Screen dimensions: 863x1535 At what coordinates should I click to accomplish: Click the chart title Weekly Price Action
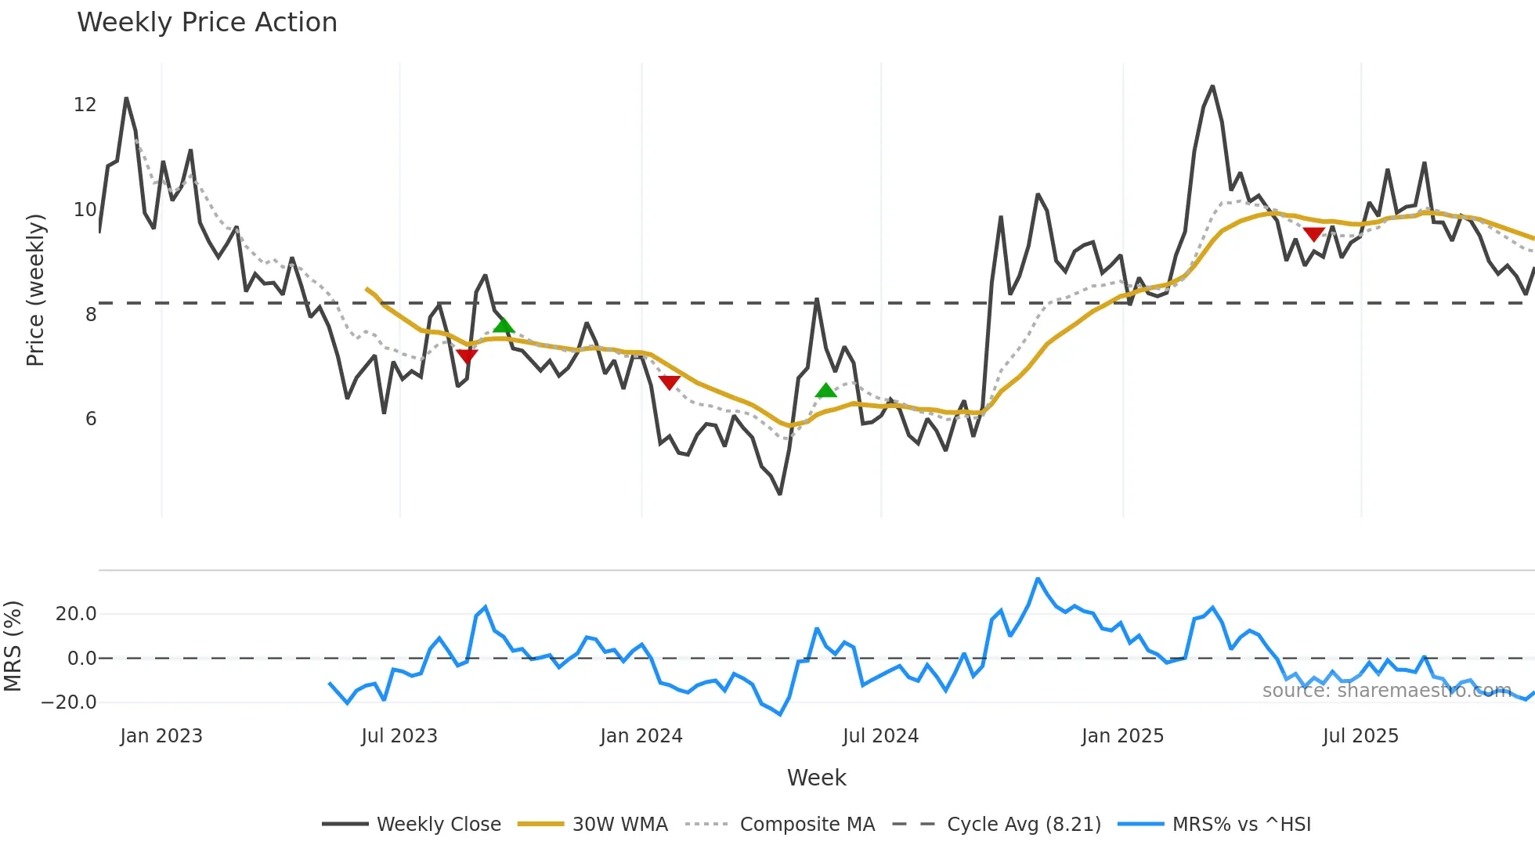click(207, 23)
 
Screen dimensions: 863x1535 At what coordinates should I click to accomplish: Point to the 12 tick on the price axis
click(85, 105)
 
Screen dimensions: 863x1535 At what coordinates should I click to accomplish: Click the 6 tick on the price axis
click(91, 419)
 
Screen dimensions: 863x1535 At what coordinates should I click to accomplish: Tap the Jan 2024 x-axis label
click(641, 736)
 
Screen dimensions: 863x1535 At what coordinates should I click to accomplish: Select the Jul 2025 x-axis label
click(1360, 736)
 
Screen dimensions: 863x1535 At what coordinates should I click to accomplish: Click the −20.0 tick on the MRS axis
click(69, 702)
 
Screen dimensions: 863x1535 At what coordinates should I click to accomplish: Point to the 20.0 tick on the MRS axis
click(76, 614)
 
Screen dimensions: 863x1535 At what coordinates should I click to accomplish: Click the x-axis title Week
click(816, 778)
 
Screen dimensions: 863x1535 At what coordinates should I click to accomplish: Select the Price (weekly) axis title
click(36, 290)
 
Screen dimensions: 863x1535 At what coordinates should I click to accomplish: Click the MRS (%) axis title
click(13, 646)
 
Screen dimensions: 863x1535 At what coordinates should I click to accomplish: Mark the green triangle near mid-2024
click(826, 390)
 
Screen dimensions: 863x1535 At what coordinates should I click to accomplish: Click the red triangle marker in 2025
click(1314, 234)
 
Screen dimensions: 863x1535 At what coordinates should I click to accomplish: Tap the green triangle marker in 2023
click(504, 324)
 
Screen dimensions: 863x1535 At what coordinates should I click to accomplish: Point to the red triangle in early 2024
click(670, 382)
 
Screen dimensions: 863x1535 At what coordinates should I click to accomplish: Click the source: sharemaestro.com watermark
click(1386, 691)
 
